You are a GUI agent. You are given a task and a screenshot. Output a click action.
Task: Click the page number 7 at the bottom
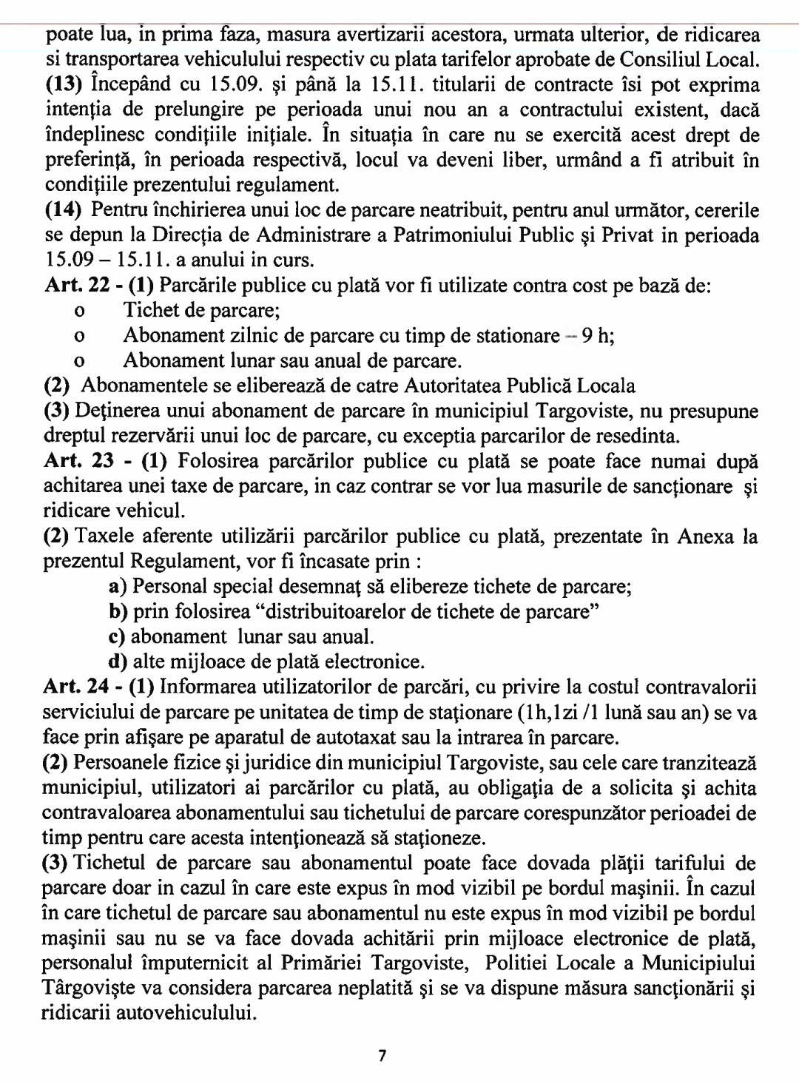pos(382,1056)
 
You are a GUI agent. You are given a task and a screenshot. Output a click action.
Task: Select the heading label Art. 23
pos(78,461)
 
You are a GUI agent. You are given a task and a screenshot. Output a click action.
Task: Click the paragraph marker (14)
pos(64,210)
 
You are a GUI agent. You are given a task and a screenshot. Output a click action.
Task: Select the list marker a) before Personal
pos(117,587)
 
